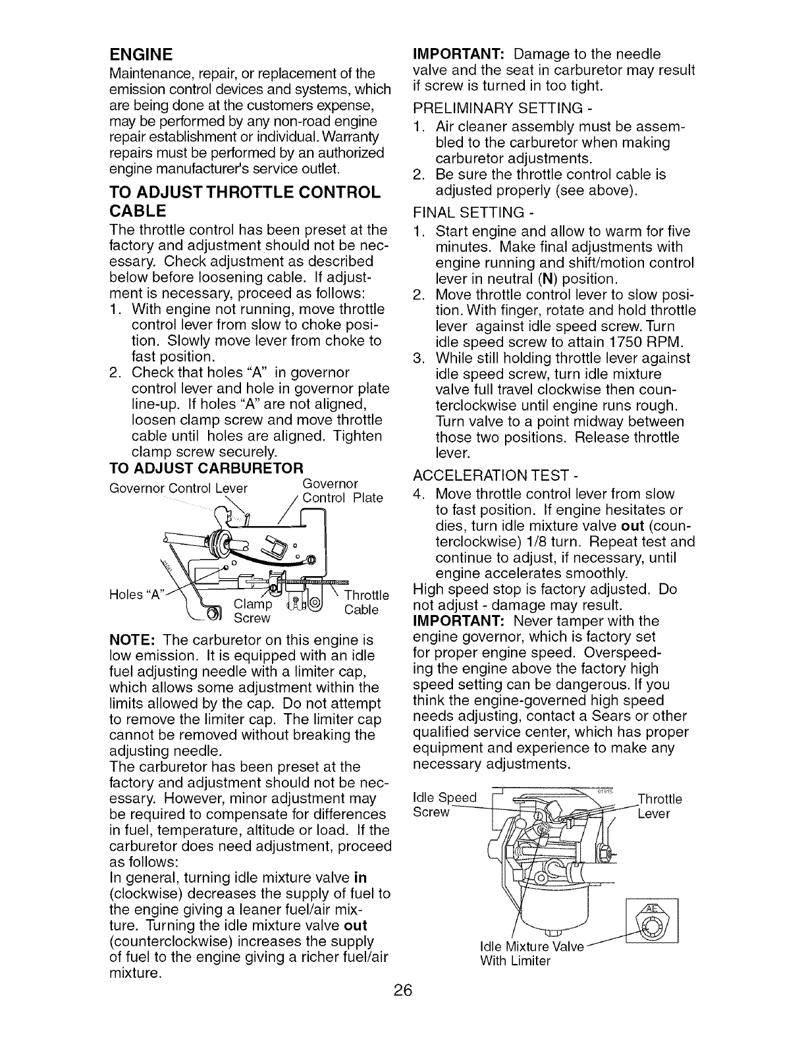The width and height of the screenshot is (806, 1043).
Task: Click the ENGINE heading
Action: (141, 53)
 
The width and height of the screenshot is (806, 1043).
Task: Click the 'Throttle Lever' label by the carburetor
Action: (660, 807)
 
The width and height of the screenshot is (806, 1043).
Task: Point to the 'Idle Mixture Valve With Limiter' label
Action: (531, 954)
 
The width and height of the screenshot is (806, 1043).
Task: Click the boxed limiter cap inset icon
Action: (654, 920)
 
